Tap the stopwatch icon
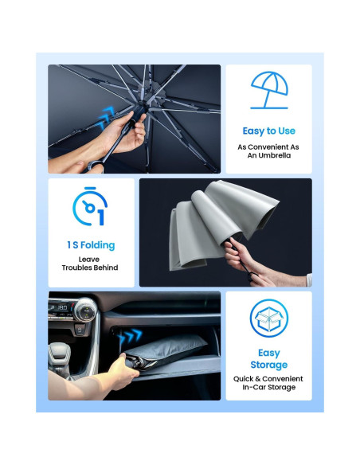pyautogui.click(x=88, y=209)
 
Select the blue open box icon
pyautogui.click(x=268, y=318)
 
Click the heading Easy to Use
pyautogui.click(x=268, y=131)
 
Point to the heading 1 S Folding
pyautogui.click(x=90, y=244)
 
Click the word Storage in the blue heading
pyautogui.click(x=268, y=365)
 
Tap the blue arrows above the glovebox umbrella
pyautogui.click(x=131, y=334)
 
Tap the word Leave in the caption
pyautogui.click(x=90, y=259)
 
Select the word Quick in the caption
pyautogui.click(x=244, y=378)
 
